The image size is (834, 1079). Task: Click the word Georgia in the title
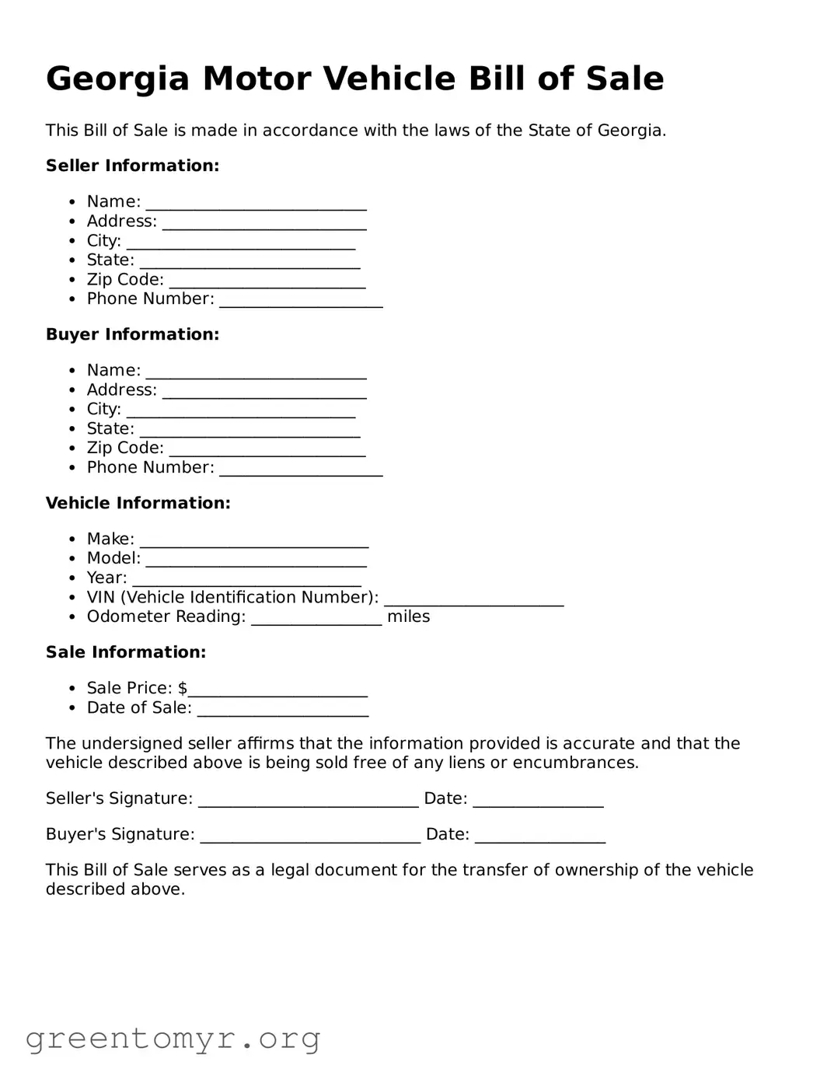[x=117, y=79]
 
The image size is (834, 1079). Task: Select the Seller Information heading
[x=132, y=166]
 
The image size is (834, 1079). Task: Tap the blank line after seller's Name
[x=256, y=204]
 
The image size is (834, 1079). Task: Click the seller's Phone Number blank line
[x=301, y=301]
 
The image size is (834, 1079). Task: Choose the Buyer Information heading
[x=132, y=334]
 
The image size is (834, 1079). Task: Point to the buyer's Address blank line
[x=264, y=392]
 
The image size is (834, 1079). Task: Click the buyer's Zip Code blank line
[x=267, y=450]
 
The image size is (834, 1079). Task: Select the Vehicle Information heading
[x=138, y=503]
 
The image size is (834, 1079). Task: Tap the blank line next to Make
[x=253, y=541]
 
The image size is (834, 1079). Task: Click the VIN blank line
[x=473, y=599]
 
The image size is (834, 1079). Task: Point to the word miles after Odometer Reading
[x=408, y=616]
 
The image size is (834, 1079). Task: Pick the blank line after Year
[x=246, y=580]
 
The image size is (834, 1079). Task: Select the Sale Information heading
[x=126, y=652]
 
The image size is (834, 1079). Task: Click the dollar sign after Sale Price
[x=183, y=688]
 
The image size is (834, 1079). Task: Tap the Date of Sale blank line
[x=283, y=710]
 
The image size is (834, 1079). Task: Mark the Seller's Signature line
[x=308, y=801]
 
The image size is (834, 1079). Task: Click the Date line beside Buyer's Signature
[x=539, y=836]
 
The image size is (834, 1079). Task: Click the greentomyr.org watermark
[x=173, y=1039]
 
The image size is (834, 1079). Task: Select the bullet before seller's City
[x=72, y=241]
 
